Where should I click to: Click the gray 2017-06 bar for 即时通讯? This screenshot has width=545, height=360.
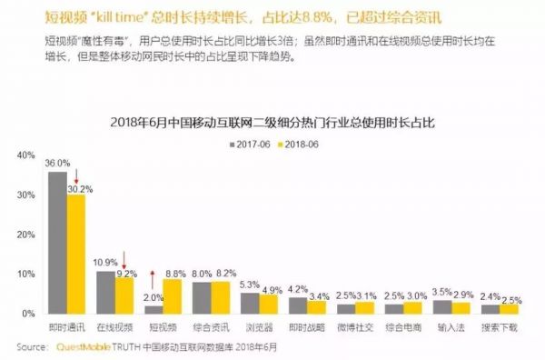click(57, 243)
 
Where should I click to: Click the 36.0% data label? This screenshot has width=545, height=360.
click(57, 164)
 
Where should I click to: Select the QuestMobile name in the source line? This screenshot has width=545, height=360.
click(88, 346)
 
